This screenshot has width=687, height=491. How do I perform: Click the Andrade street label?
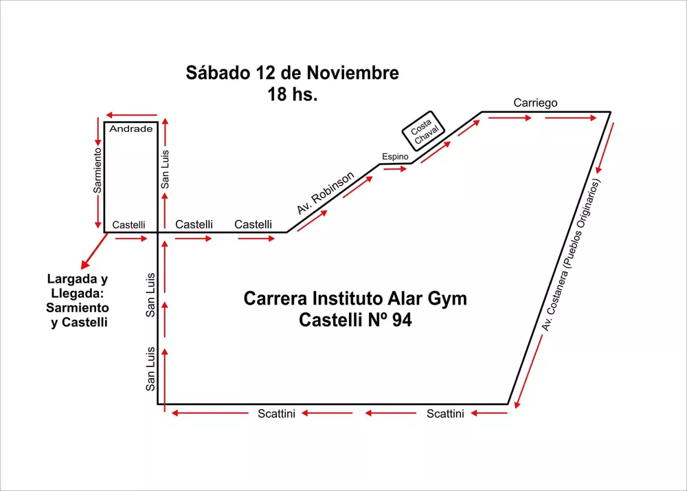pyautogui.click(x=131, y=129)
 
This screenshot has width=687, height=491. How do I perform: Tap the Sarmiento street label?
pyautogui.click(x=98, y=169)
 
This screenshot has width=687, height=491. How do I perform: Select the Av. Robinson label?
pyautogui.click(x=326, y=193)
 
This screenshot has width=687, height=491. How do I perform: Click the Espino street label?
pyautogui.click(x=395, y=157)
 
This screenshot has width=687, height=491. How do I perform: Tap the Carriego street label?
pyautogui.click(x=535, y=103)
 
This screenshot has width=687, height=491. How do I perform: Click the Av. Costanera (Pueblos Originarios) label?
pyautogui.click(x=571, y=255)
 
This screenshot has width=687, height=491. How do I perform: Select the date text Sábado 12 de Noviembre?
pyautogui.click(x=292, y=73)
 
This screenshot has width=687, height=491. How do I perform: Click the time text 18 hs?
pyautogui.click(x=293, y=95)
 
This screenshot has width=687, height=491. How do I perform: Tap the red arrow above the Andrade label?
pyautogui.click(x=131, y=116)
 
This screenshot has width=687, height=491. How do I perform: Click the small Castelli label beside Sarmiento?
pyautogui.click(x=128, y=225)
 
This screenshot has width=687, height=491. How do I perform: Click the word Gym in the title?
pyautogui.click(x=447, y=299)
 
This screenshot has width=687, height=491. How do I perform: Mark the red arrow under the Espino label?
pyautogui.click(x=396, y=168)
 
